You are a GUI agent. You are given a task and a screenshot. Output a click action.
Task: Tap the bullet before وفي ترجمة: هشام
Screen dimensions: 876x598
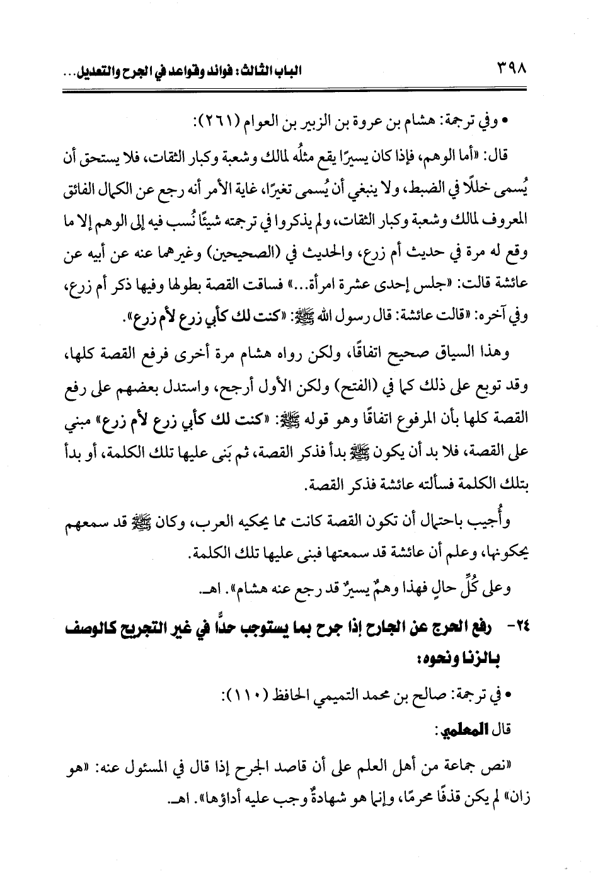click(x=505, y=120)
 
